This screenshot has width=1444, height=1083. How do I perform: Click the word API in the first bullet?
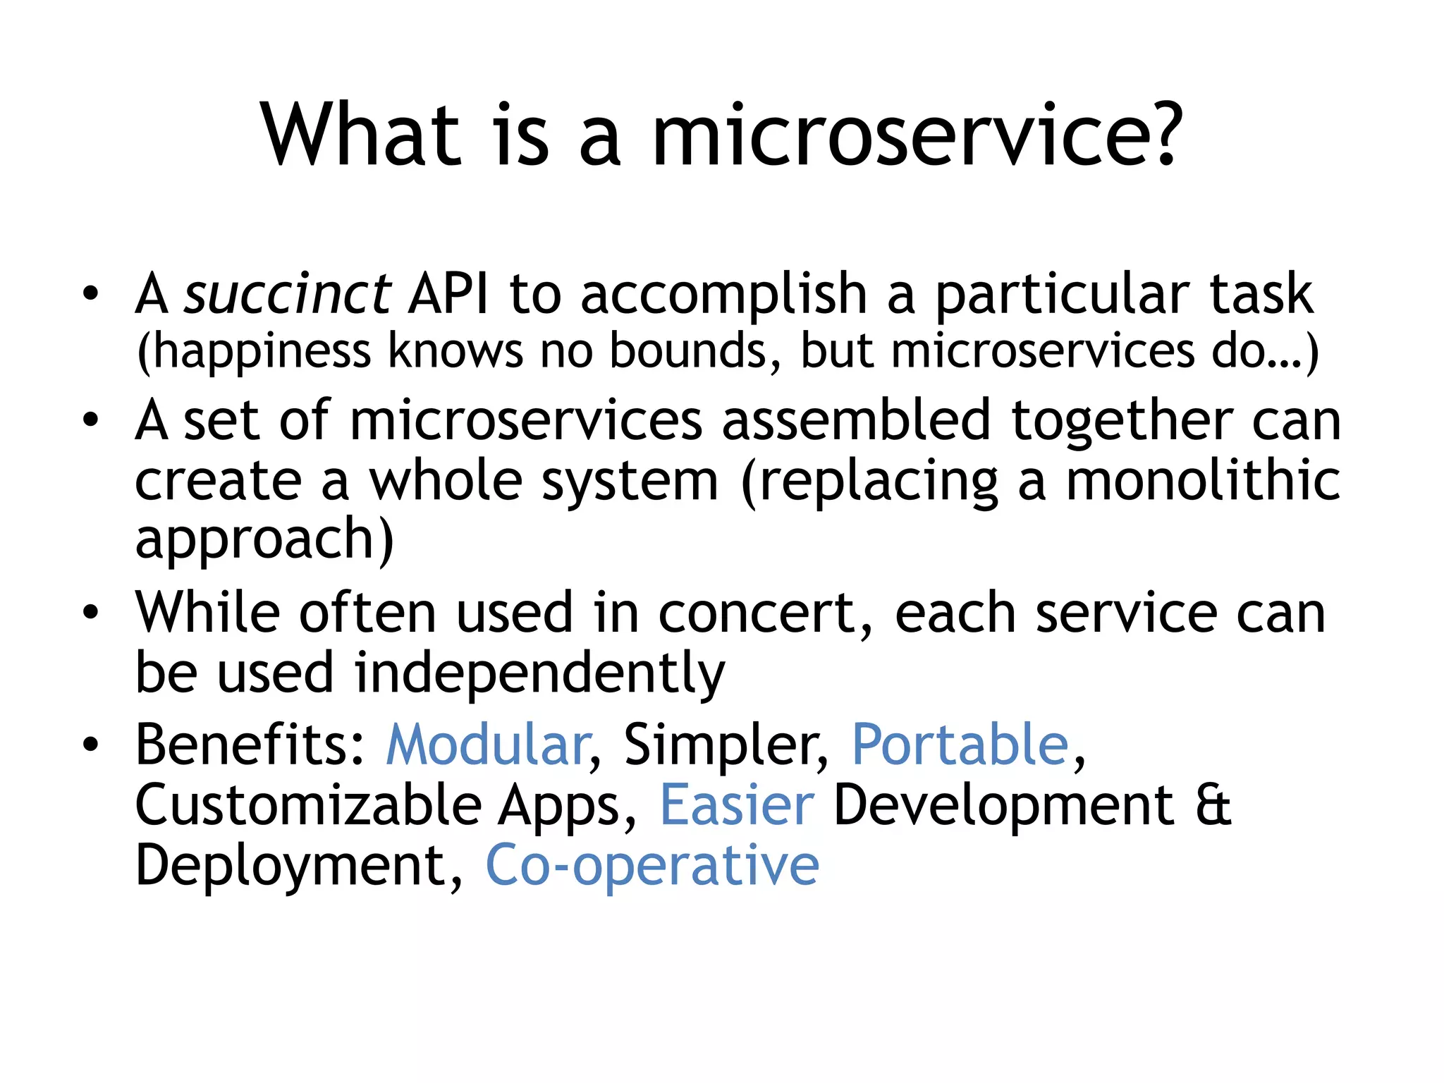tap(448, 293)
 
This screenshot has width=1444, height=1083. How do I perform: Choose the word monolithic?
tap(1202, 481)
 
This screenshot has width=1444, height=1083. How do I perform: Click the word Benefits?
tap(250, 745)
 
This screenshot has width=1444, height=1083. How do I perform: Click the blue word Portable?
tap(960, 745)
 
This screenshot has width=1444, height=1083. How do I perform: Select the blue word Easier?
tap(737, 805)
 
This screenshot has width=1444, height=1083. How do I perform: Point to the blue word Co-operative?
tap(652, 867)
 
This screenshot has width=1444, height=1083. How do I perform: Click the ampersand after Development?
tap(1213, 805)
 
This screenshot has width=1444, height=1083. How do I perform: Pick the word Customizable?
tap(308, 805)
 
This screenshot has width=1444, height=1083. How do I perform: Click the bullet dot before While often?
tap(90, 612)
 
